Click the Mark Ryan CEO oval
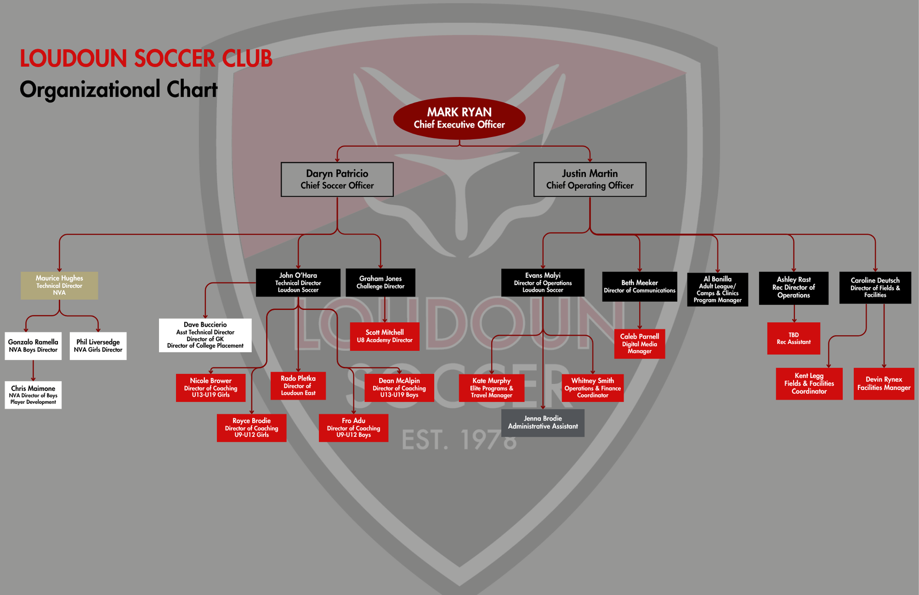[459, 118]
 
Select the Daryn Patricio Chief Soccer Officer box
[337, 179]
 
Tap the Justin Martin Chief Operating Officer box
[590, 179]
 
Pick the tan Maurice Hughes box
[59, 286]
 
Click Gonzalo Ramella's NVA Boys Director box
[33, 346]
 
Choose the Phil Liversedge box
[98, 346]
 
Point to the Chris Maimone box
[33, 395]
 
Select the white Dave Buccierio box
[205, 335]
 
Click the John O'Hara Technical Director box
[298, 283]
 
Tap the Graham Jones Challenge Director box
[381, 283]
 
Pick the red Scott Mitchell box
[384, 336]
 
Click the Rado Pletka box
[298, 386]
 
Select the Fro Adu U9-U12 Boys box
[353, 428]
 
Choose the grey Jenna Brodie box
[543, 423]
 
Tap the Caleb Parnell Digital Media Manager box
[639, 344]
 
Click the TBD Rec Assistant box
[794, 338]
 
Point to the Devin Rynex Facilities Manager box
[884, 384]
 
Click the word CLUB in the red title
[247, 58]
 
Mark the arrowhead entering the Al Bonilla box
[717, 271]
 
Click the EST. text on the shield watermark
[424, 440]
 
